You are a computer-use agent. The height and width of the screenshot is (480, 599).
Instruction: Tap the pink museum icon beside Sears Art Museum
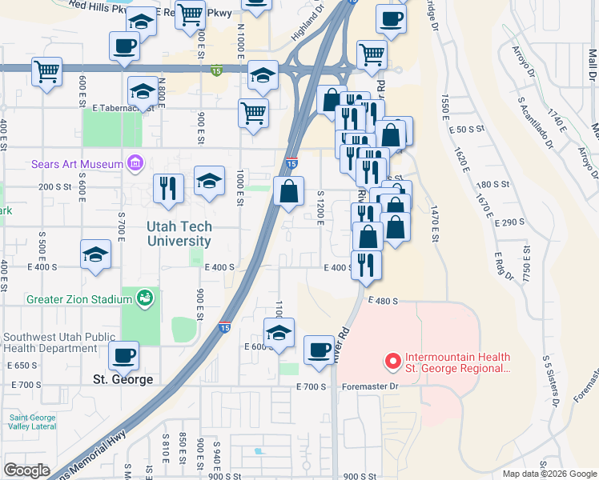click(135, 165)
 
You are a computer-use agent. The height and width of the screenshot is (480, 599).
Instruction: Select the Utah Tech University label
click(179, 234)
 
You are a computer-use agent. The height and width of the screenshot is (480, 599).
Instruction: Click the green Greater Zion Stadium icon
click(145, 299)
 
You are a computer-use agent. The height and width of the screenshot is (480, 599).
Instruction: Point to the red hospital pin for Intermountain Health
click(392, 362)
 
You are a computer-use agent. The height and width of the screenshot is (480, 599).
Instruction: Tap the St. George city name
click(123, 379)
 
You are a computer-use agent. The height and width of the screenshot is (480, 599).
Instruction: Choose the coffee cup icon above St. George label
click(123, 354)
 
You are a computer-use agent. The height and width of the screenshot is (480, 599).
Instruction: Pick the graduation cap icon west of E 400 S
click(95, 256)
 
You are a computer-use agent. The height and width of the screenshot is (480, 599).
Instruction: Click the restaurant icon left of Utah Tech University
click(168, 188)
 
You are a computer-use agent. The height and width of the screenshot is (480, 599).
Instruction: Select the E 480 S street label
click(384, 301)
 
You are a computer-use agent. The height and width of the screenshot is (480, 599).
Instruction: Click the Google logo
click(26, 470)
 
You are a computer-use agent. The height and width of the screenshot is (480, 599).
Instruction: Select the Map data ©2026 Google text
click(549, 474)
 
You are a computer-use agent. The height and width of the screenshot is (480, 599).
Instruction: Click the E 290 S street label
click(510, 222)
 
